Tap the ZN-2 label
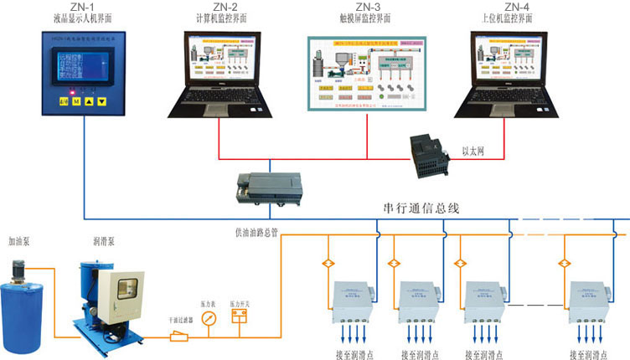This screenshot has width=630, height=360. click(218, 8)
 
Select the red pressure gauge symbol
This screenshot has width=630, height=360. click(209, 318)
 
